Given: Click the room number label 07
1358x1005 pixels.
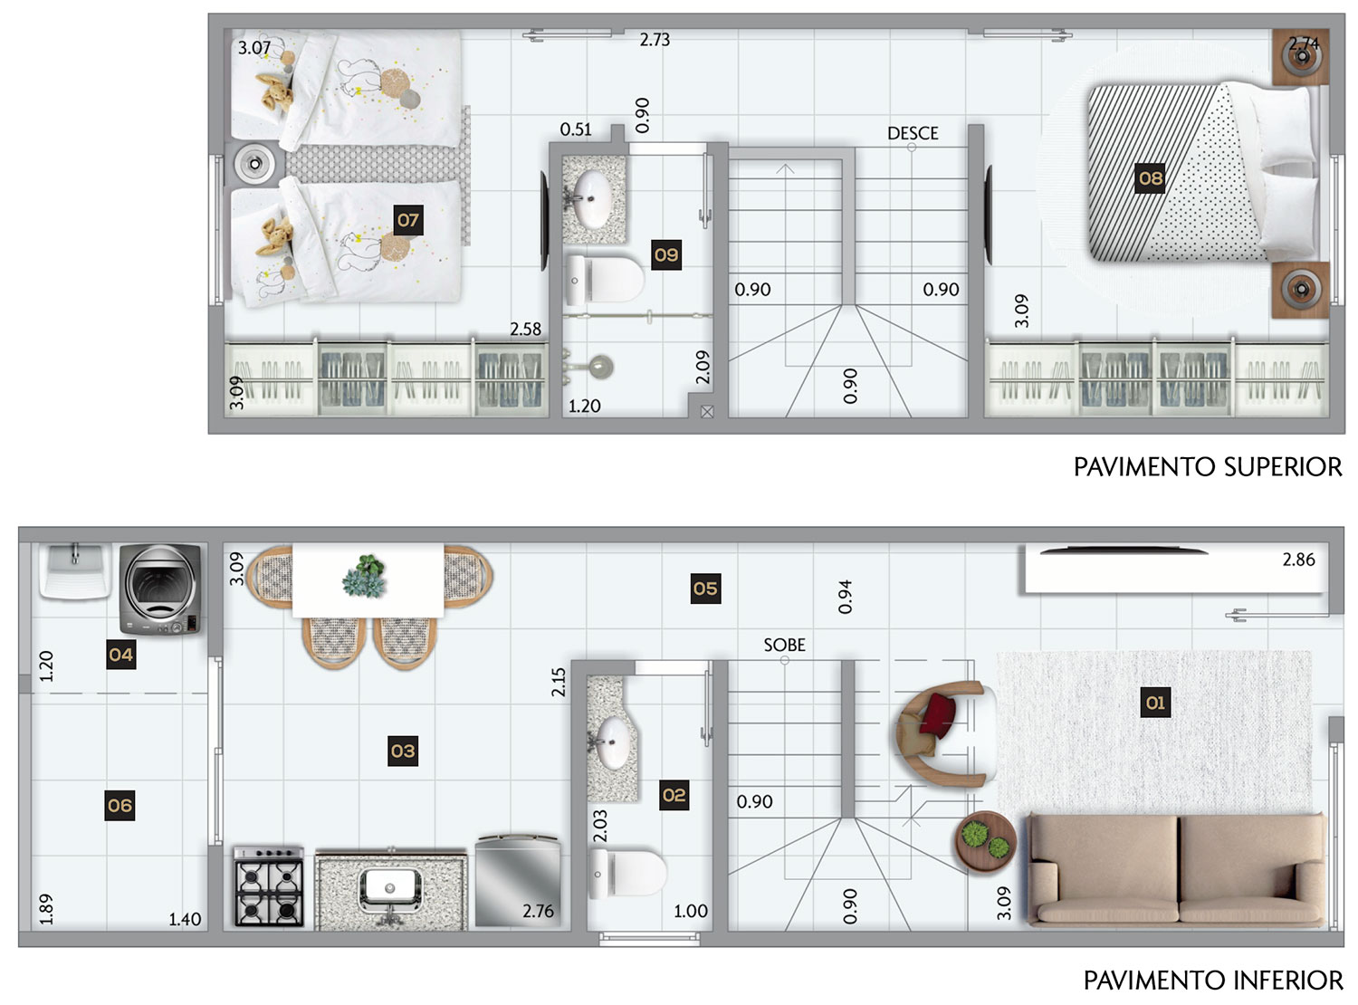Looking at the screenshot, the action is tap(407, 220).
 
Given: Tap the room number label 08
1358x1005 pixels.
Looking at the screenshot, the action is tap(1149, 178).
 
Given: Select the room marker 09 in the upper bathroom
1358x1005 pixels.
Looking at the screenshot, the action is tap(666, 254).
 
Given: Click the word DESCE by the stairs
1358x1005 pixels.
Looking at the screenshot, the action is tap(913, 133).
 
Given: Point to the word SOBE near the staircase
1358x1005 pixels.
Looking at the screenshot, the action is tap(784, 645).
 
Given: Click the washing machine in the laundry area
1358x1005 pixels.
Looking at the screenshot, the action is tap(160, 589).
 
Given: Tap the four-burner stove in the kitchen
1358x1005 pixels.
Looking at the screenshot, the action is tap(269, 886).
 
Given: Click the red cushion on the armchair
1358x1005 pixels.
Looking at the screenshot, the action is tap(937, 713).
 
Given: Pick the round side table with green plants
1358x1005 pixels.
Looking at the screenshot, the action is tap(985, 842).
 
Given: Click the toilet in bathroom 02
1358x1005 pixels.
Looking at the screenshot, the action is tap(627, 872).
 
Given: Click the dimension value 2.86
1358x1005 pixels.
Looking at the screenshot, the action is tap(1298, 560).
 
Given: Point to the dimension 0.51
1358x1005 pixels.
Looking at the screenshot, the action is tap(576, 129).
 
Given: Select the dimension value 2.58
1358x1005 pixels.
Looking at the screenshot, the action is tap(525, 329).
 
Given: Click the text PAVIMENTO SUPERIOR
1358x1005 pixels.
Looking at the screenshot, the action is tap(1208, 466).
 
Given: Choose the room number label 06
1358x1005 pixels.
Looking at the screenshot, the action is tap(120, 805).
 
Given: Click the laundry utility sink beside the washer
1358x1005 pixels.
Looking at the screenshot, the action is tap(75, 570).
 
